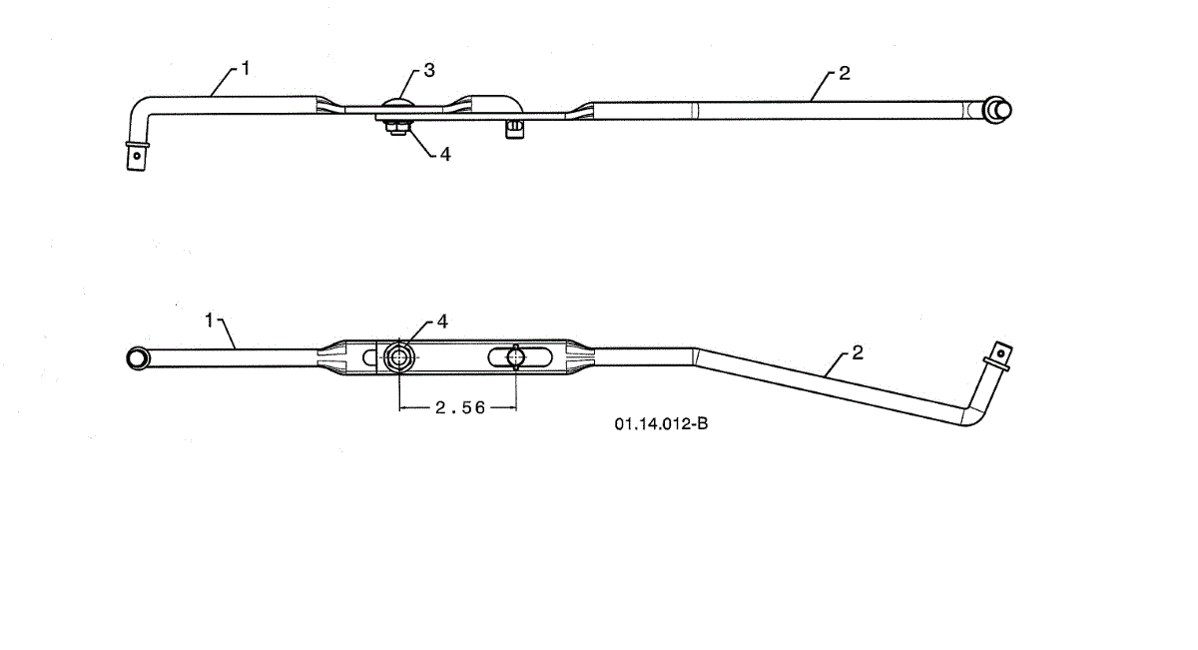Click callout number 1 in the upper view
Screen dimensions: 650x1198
tap(246, 69)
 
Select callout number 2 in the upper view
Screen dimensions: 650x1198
tap(845, 74)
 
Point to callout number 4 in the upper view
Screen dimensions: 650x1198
tap(445, 156)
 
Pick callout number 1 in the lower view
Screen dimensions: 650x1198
tap(210, 320)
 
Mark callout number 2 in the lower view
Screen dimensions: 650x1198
tap(857, 353)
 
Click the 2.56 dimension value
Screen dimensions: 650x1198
tap(456, 407)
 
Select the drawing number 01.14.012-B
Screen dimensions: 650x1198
tap(661, 424)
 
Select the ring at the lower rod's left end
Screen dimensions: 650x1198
tap(137, 357)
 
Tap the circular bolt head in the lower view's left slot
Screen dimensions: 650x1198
tap(399, 356)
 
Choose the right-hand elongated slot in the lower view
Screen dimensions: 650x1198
tap(515, 356)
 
